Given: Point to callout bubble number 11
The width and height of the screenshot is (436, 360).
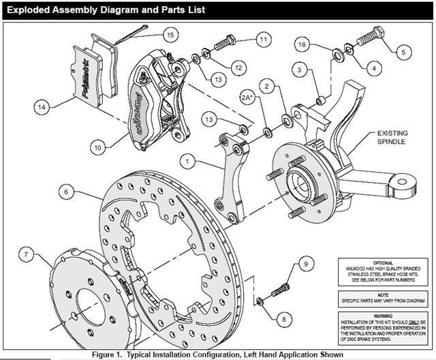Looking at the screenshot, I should pos(262,40).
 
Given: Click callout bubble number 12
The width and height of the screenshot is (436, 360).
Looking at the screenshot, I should pos(238,67).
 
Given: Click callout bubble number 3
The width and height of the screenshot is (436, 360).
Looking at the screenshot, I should pos(298,70).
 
